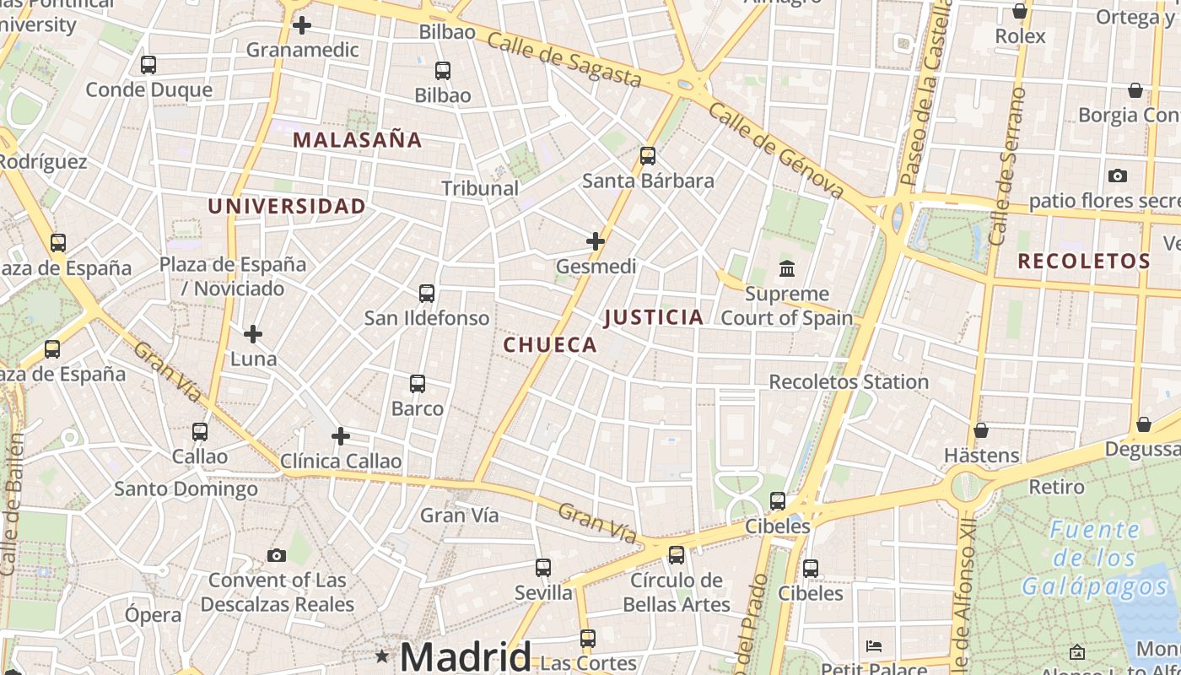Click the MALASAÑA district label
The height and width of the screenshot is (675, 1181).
357,140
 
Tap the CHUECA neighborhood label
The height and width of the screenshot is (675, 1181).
550,344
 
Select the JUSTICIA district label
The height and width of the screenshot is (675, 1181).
654,317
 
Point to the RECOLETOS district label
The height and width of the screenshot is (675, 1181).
1084,262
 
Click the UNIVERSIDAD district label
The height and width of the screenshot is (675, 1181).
287,206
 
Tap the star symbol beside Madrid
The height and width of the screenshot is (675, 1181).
382,656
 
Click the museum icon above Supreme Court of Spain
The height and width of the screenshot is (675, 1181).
787,269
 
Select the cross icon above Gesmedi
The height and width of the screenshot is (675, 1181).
596,241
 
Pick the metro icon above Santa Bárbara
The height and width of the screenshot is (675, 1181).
648,156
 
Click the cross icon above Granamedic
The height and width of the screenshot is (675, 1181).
302,25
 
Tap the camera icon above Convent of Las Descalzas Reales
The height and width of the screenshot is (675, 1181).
276,555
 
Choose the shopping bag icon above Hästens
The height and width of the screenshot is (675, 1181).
981,430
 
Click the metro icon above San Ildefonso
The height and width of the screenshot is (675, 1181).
427,294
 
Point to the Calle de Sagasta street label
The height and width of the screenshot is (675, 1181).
564,60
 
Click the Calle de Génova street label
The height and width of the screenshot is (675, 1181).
776,150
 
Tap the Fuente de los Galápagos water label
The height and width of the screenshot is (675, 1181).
1095,558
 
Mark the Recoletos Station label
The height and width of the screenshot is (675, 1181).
849,381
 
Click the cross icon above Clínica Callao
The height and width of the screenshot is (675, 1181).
341,436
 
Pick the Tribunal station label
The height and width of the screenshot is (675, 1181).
480,188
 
